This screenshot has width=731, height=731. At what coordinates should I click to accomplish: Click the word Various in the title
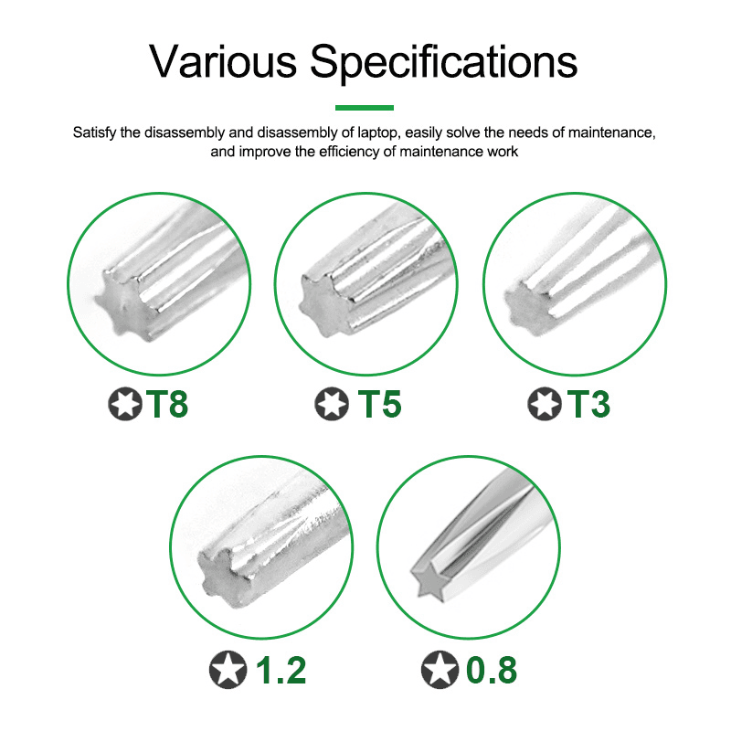click(223, 61)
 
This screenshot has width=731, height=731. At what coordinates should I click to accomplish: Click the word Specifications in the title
click(444, 63)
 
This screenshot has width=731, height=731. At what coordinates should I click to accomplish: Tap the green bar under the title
click(365, 108)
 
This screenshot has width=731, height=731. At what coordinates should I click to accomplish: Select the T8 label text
click(167, 404)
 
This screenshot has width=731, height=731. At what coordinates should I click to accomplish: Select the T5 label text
click(379, 404)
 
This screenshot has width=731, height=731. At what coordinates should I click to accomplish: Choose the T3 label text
click(588, 404)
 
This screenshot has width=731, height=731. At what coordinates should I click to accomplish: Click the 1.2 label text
click(281, 670)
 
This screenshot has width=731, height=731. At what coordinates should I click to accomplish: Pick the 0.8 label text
click(492, 670)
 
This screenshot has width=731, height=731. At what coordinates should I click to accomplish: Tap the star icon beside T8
click(125, 404)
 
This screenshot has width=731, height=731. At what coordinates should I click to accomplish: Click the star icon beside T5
click(332, 404)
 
